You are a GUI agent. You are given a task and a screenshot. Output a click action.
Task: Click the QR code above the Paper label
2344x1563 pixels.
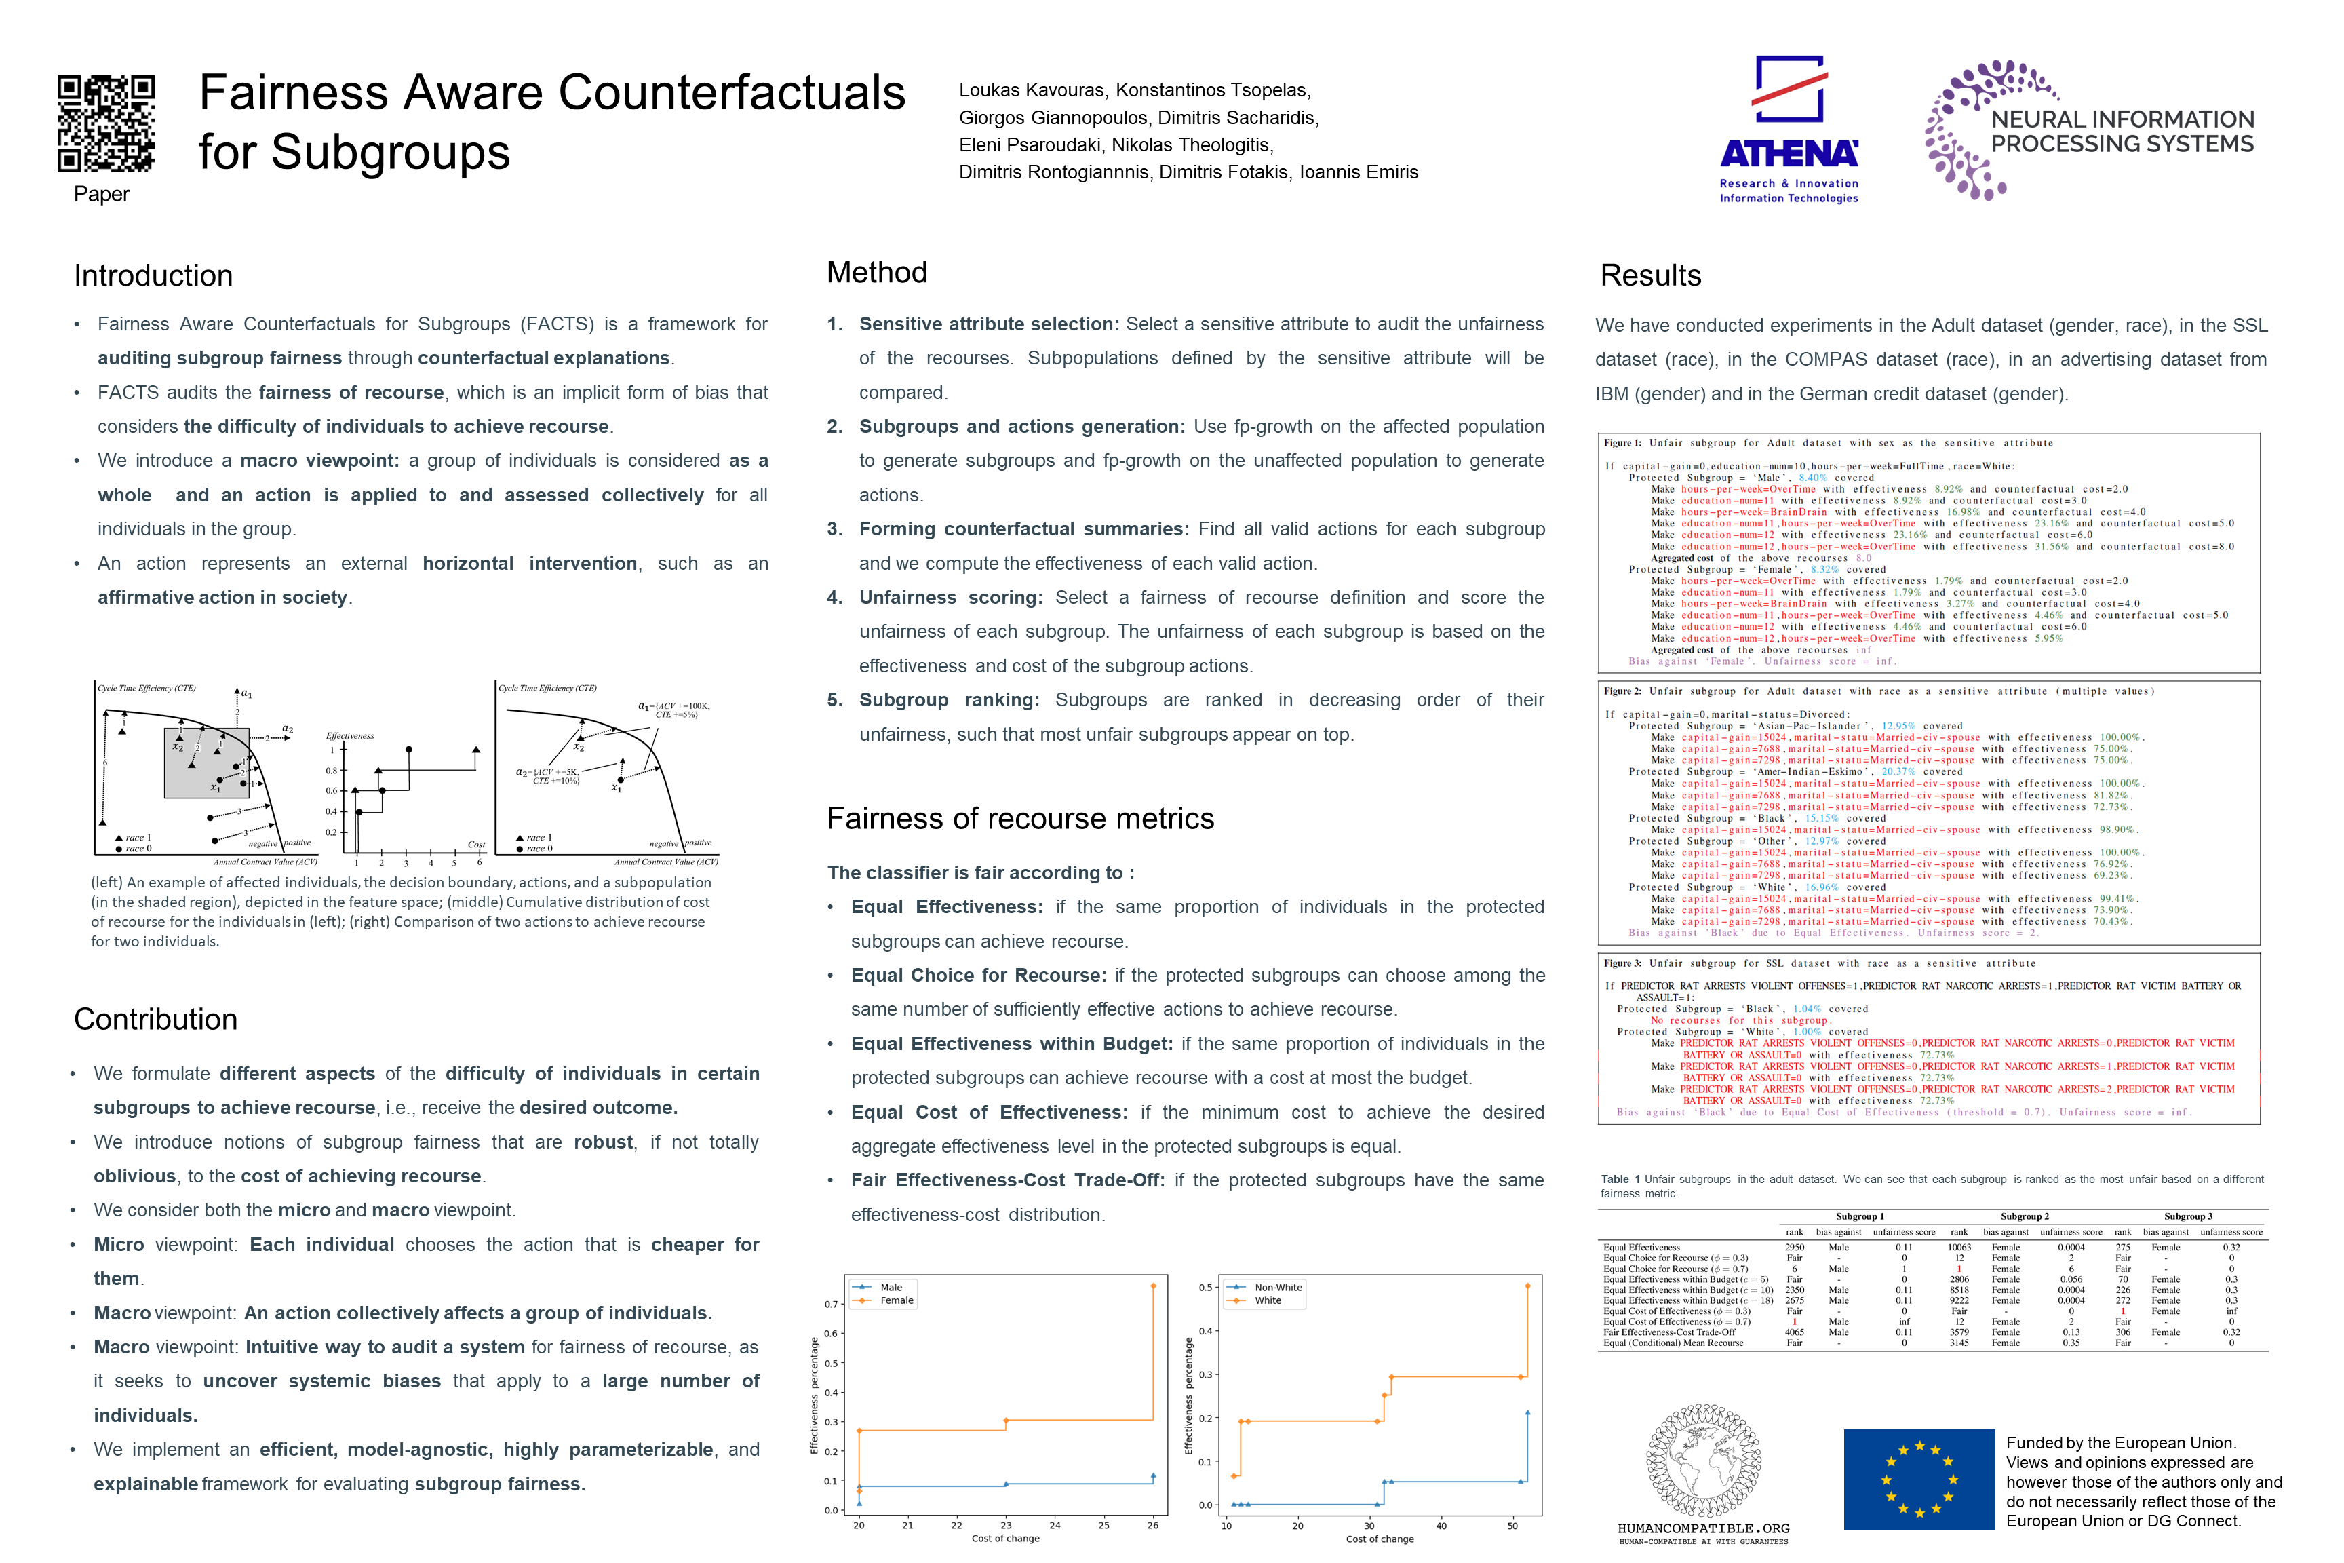click(106, 123)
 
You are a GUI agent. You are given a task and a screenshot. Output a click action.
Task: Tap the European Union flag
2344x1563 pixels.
click(1919, 1480)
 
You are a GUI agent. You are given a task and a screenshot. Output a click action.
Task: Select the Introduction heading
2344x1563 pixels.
click(153, 276)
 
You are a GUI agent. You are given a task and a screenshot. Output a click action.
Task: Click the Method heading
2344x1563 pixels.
click(877, 272)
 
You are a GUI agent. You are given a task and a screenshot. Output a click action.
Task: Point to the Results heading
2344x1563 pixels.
click(1650, 276)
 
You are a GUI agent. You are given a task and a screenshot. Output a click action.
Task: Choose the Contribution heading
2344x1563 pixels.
click(155, 1019)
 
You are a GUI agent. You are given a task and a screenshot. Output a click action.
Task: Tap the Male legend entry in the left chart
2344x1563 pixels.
click(891, 1287)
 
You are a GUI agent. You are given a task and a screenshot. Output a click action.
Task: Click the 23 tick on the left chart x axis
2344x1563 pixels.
click(1006, 1525)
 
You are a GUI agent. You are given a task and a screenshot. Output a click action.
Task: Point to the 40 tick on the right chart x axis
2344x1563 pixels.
click(1441, 1525)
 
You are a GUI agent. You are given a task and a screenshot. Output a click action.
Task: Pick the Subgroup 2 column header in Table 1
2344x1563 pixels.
click(2024, 1216)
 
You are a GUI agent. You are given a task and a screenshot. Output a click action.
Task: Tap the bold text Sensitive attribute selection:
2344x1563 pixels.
click(990, 324)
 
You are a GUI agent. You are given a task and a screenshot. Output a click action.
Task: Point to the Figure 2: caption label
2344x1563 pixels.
click(1622, 691)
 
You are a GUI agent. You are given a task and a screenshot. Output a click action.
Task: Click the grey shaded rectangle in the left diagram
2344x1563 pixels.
click(206, 763)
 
